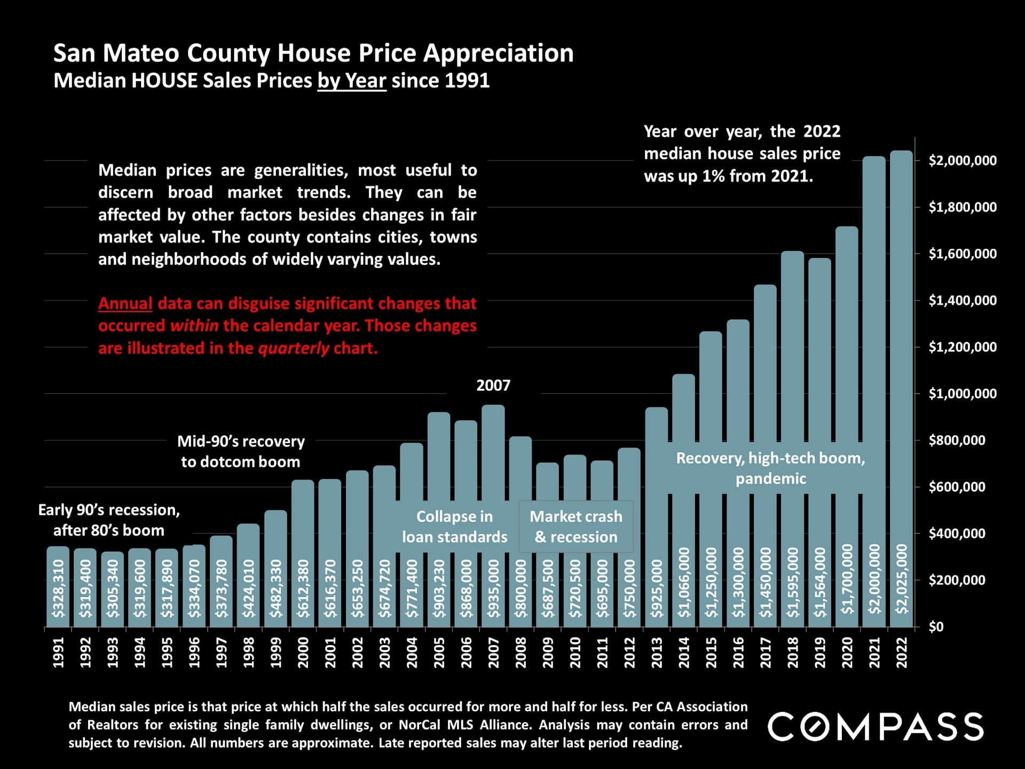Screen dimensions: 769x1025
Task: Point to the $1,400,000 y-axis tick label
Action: click(962, 301)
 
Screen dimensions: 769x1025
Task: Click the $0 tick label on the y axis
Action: click(936, 627)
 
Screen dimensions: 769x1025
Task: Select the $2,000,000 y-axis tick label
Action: click(962, 161)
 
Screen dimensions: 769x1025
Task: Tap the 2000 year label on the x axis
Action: click(303, 653)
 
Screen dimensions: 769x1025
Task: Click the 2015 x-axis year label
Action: click(711, 653)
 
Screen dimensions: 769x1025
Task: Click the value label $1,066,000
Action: click(684, 583)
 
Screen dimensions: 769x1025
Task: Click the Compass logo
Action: click(876, 726)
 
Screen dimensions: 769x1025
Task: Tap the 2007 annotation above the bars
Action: click(493, 385)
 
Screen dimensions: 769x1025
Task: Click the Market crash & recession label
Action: click(576, 527)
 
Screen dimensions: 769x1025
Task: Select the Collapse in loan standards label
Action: click(454, 527)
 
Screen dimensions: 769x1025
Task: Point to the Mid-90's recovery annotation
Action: click(241, 451)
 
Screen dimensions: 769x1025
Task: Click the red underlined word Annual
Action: click(125, 303)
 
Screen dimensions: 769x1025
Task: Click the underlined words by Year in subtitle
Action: click(352, 81)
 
